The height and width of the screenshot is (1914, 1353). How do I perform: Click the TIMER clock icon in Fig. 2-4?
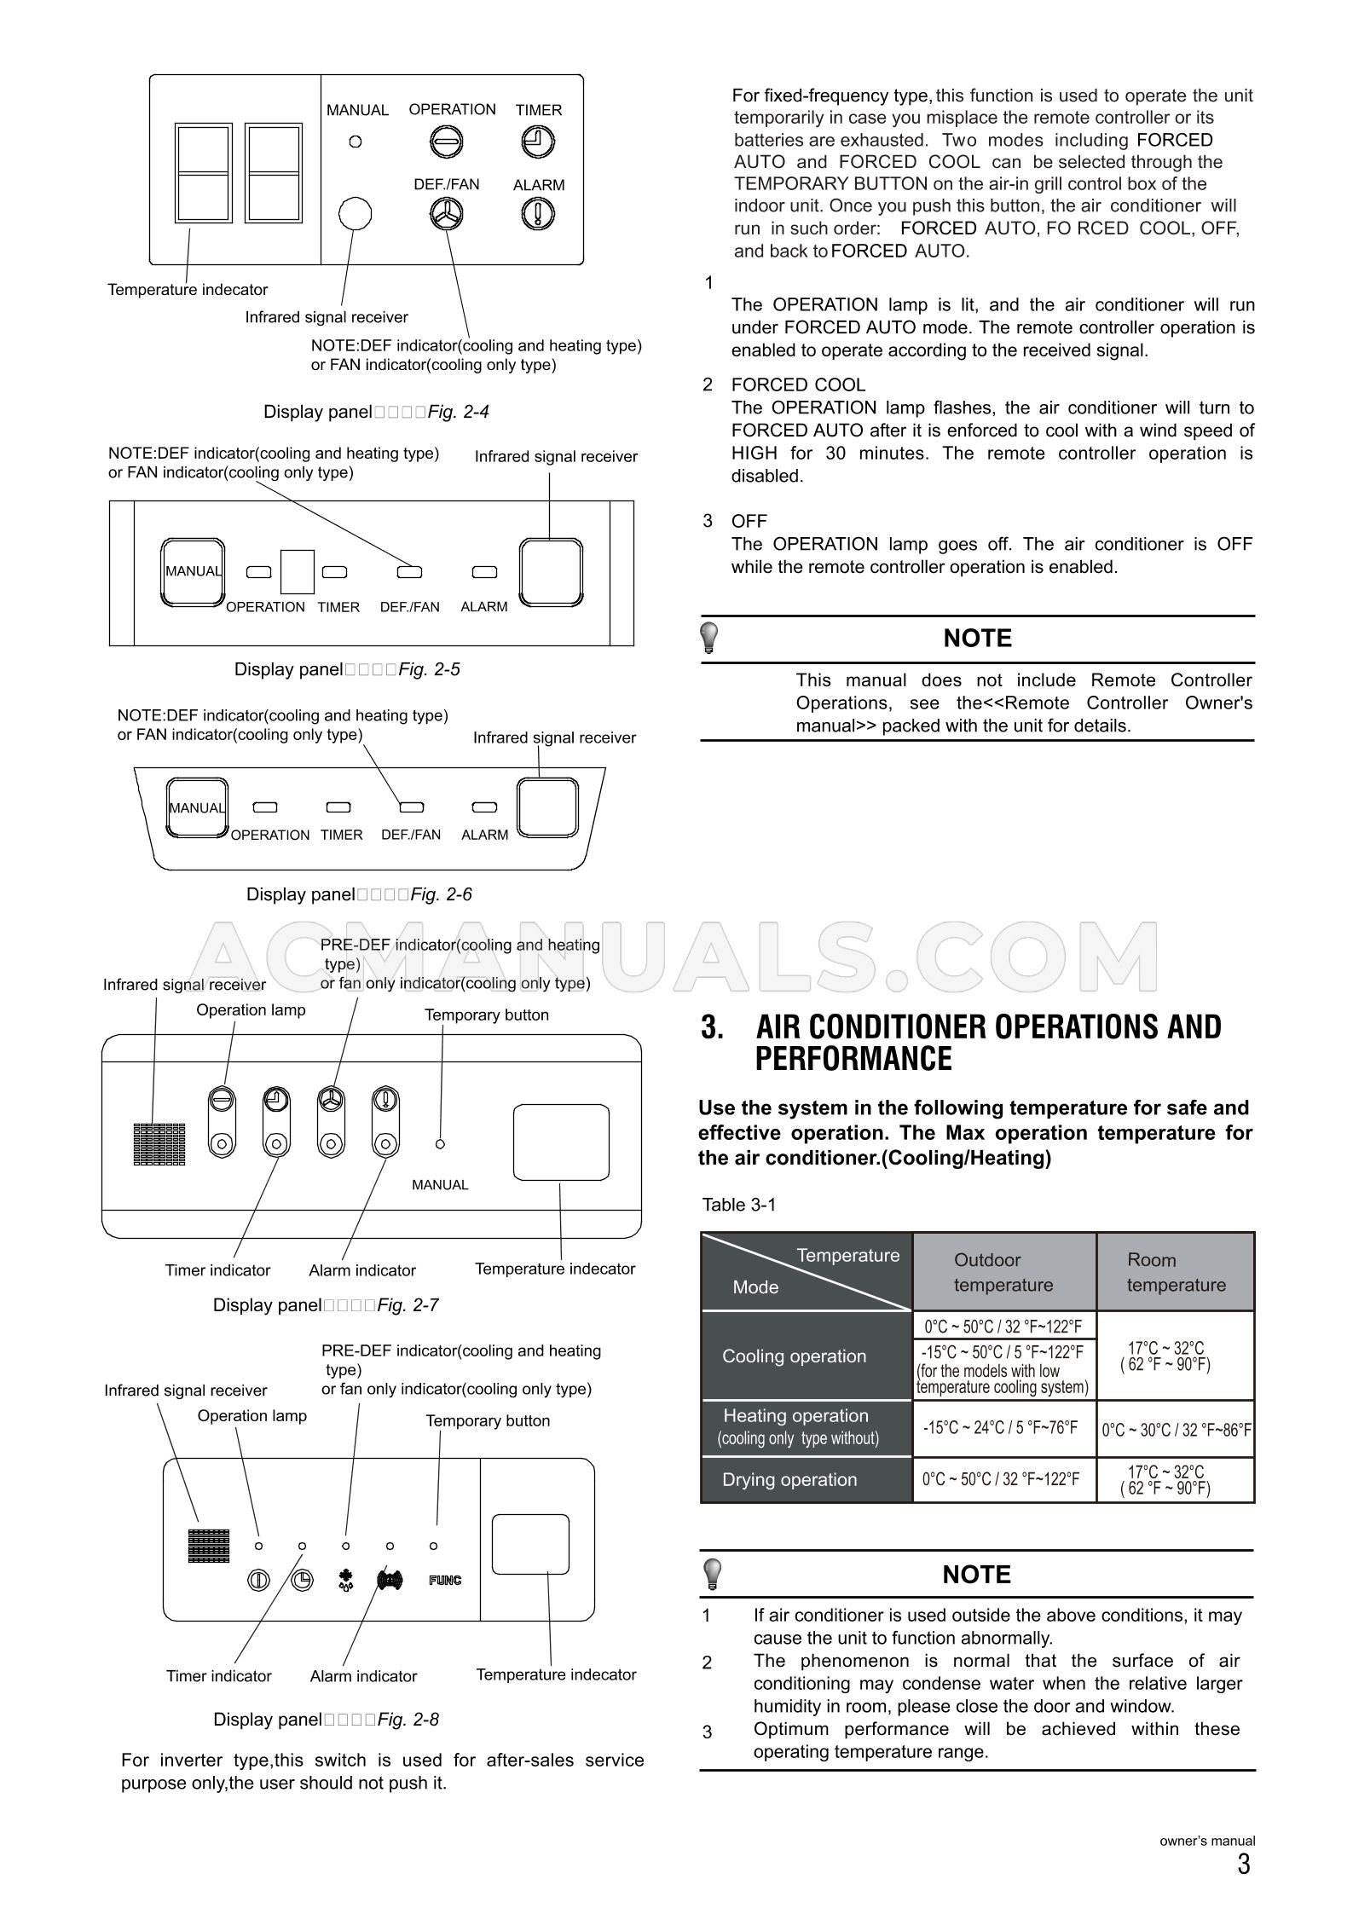coord(537,142)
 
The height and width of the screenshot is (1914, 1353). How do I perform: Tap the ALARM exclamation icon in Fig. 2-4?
coord(538,213)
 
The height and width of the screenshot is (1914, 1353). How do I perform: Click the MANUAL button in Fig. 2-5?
coord(194,571)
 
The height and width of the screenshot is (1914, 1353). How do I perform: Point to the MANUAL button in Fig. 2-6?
coord(197,807)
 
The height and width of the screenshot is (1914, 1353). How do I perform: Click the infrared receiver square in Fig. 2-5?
coord(552,571)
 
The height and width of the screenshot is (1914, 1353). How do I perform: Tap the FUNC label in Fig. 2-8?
coord(445,1580)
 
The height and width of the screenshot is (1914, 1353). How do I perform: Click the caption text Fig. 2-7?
coord(408,1304)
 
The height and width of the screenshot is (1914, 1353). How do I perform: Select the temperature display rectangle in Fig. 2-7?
coord(561,1142)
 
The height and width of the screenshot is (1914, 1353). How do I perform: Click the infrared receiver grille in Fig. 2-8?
coord(209,1546)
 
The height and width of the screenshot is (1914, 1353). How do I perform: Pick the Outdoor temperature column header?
coord(1003,1272)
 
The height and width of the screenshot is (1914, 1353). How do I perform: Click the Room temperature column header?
coord(1176,1272)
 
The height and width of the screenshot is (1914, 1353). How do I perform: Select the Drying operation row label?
coord(789,1480)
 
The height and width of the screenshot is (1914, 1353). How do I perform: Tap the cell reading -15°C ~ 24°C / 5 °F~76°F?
coord(1000,1428)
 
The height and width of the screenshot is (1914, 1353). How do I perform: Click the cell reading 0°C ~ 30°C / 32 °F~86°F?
coord(1176,1430)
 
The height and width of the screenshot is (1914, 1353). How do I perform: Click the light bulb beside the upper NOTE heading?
coord(709,638)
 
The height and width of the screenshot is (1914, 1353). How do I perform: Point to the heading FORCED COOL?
coord(798,385)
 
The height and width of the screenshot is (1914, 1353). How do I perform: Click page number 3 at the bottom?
coord(1244,1865)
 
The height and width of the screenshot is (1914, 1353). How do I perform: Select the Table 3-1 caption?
coord(738,1205)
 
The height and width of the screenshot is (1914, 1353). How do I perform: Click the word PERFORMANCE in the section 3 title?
coord(853,1059)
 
